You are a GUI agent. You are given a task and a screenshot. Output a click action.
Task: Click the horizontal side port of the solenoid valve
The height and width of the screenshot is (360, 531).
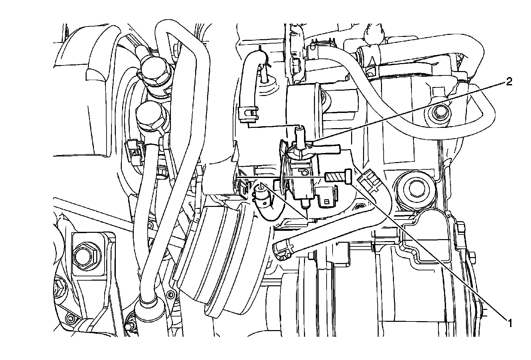click(329, 148)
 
